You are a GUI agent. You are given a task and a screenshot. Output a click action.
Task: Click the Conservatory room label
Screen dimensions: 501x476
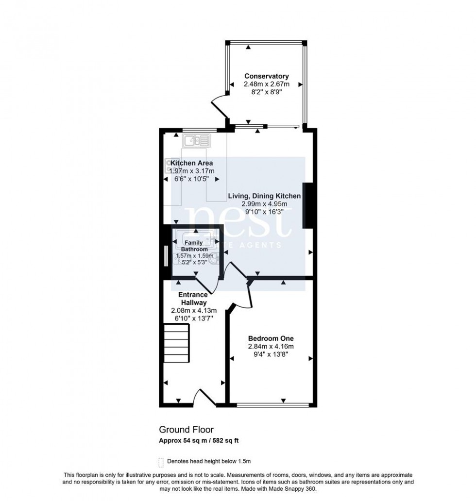pyautogui.click(x=266, y=76)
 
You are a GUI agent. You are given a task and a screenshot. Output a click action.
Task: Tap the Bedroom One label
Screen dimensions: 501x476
pyautogui.click(x=271, y=338)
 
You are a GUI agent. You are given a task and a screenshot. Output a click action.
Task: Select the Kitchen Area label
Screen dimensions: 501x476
pyautogui.click(x=190, y=163)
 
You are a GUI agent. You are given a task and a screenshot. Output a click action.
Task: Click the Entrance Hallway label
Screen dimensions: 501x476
pyautogui.click(x=193, y=298)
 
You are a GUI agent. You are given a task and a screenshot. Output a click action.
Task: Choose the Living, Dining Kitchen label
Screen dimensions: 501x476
pyautogui.click(x=265, y=196)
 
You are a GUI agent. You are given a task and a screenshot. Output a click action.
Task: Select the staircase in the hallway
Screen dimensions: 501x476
pyautogui.click(x=176, y=344)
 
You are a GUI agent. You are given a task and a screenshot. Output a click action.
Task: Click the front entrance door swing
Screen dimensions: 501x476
pyautogui.click(x=204, y=396)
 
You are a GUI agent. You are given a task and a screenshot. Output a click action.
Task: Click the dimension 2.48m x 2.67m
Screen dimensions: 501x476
pyautogui.click(x=266, y=84)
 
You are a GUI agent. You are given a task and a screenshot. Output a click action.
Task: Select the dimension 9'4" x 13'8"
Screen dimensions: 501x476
pyautogui.click(x=271, y=354)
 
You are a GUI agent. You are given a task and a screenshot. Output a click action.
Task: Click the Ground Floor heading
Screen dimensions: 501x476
pyautogui.click(x=186, y=430)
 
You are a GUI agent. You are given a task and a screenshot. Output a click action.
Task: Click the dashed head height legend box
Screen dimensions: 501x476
pyautogui.click(x=161, y=461)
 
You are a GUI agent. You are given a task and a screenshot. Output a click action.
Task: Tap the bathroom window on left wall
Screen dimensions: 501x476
pyautogui.click(x=166, y=255)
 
